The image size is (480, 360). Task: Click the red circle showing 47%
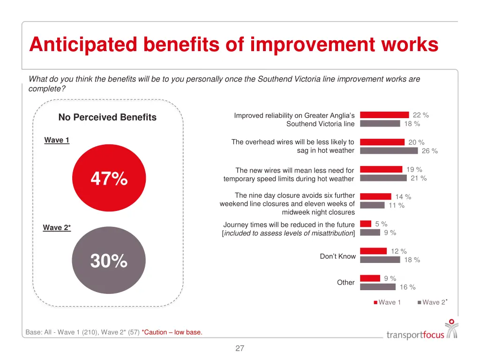(x=109, y=179)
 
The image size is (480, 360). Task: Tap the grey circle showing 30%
(x=109, y=261)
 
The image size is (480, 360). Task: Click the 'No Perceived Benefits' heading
(x=107, y=118)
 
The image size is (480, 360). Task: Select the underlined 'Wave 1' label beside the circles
(x=57, y=140)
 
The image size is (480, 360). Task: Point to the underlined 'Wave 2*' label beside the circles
(x=57, y=227)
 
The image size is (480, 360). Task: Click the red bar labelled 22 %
(x=384, y=115)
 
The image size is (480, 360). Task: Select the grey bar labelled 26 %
(x=389, y=150)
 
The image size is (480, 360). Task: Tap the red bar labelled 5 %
(x=366, y=224)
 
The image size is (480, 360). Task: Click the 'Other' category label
(x=345, y=282)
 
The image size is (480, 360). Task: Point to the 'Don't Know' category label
(x=337, y=256)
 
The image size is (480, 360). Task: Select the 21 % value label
(x=419, y=178)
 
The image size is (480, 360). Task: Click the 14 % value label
(x=403, y=197)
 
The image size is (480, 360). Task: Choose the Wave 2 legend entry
(x=433, y=302)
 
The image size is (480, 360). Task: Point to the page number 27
(x=240, y=348)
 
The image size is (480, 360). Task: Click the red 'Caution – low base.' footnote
(x=172, y=332)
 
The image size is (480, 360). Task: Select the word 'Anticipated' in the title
(x=83, y=45)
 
